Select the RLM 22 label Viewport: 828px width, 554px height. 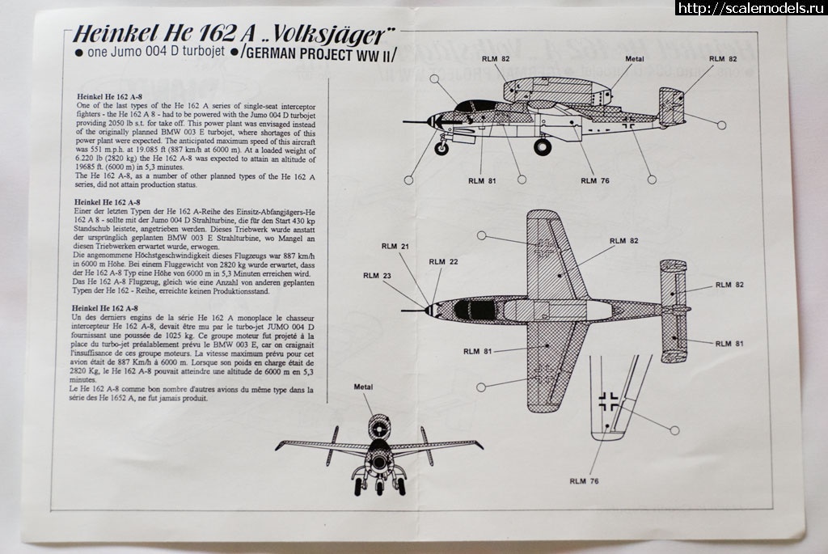coord(438,261)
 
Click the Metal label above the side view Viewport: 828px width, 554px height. coord(635,60)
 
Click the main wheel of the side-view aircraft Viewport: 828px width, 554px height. coord(542,147)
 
